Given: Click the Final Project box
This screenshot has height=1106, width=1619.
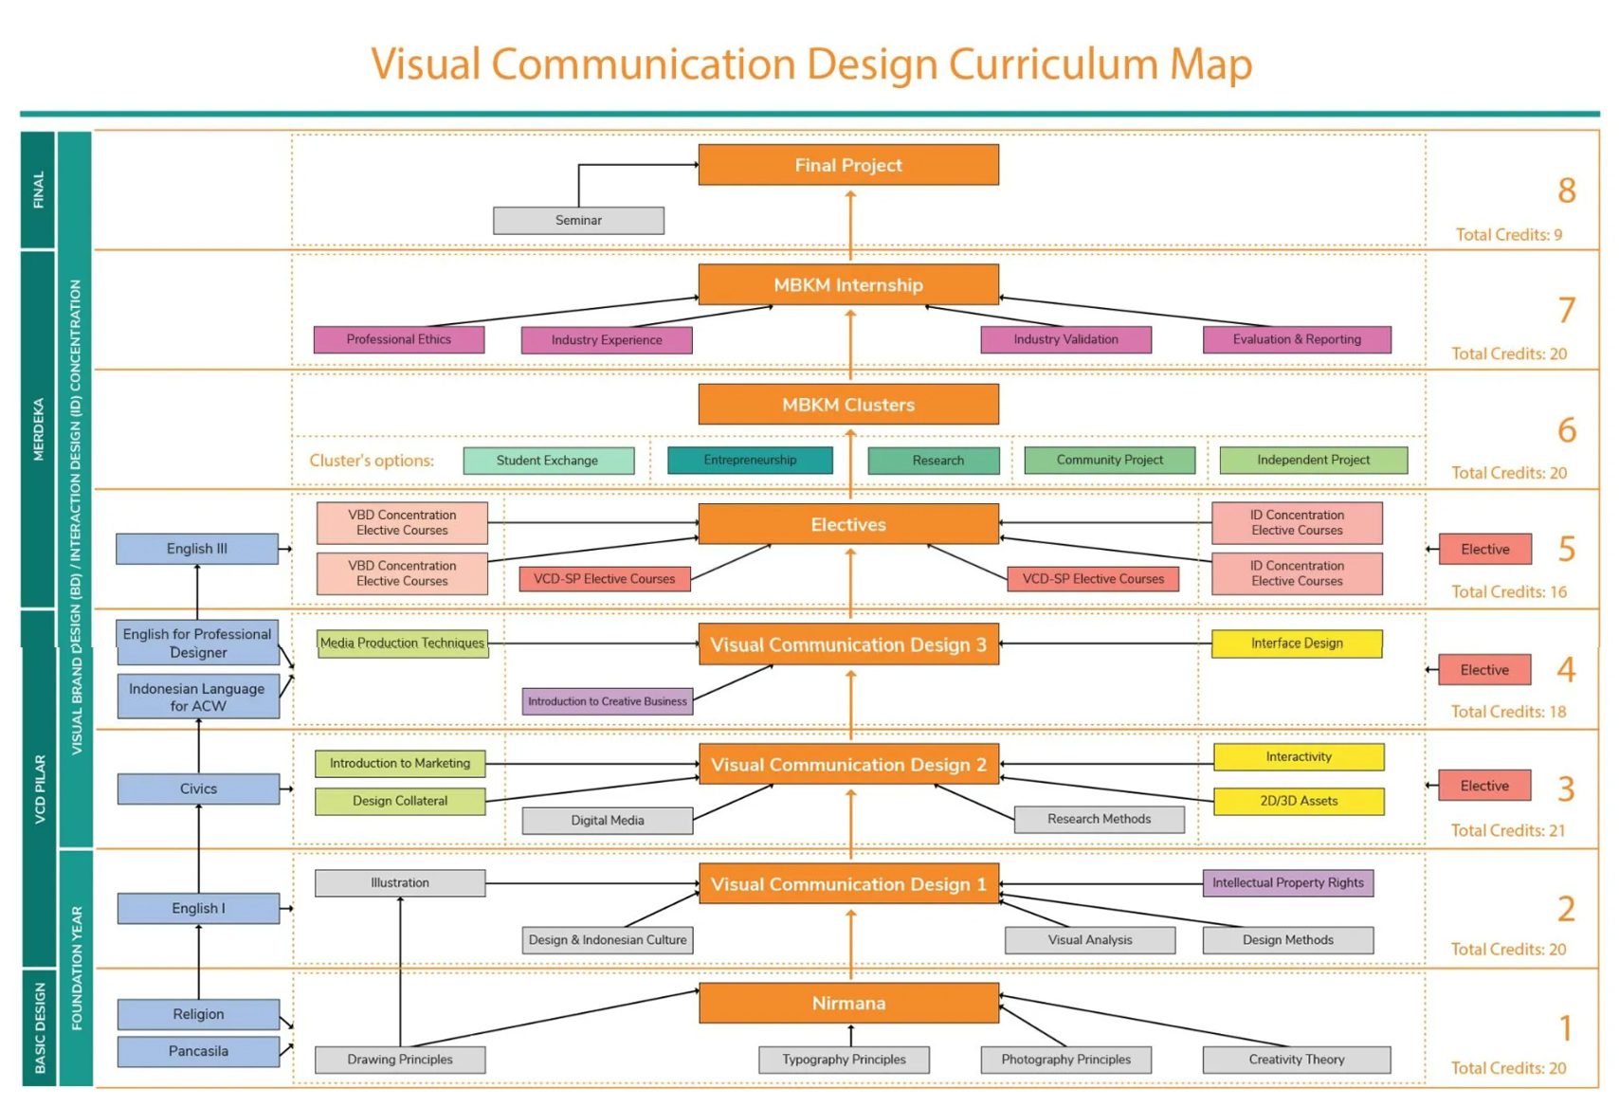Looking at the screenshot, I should click(847, 165).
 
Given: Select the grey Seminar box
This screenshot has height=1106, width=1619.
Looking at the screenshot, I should click(578, 220).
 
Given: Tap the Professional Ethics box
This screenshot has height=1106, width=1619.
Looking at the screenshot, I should click(398, 339).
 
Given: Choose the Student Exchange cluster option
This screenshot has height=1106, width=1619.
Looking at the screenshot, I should click(548, 461).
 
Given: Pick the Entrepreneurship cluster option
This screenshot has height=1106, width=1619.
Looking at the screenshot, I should click(750, 460).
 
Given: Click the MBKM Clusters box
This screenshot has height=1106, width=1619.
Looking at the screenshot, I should click(847, 405).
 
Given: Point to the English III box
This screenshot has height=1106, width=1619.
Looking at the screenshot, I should click(197, 549).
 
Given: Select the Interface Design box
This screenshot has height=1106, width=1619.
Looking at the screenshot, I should click(1296, 644).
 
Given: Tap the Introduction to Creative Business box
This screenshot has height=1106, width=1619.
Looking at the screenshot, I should click(607, 701).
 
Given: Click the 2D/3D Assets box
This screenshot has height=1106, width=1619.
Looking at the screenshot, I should click(1298, 801).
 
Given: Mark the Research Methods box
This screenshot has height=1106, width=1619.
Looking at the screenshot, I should click(1099, 819).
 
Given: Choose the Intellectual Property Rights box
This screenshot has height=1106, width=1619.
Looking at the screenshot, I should click(1287, 883).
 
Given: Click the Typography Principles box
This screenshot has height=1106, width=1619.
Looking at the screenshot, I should click(844, 1060).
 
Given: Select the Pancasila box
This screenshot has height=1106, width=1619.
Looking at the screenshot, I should click(198, 1051).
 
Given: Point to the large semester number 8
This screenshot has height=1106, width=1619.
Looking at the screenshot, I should click(1566, 190).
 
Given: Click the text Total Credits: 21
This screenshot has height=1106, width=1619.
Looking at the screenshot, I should click(1507, 830).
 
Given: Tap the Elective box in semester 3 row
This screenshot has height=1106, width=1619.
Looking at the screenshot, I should click(1483, 786).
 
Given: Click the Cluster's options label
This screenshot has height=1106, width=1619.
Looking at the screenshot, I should click(372, 461).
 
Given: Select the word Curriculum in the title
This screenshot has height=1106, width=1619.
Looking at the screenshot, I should click(1054, 64).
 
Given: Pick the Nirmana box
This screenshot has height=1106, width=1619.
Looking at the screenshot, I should click(848, 1003).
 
